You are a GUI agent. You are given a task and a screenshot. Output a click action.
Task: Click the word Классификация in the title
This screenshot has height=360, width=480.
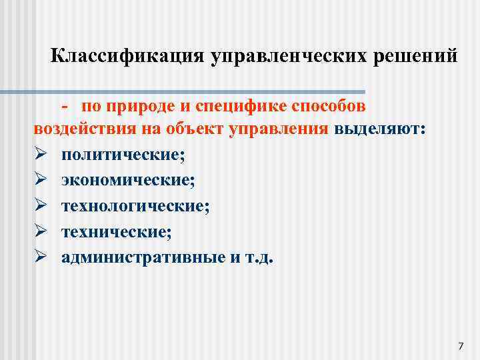(127, 55)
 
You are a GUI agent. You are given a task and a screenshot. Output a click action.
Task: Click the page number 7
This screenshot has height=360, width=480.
(461, 345)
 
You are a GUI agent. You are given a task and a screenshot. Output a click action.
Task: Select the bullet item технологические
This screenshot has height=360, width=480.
(135, 207)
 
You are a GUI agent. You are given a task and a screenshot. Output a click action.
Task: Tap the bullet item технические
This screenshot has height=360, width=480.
(117, 232)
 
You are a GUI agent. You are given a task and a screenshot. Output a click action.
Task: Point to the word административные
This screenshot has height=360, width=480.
(137, 257)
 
